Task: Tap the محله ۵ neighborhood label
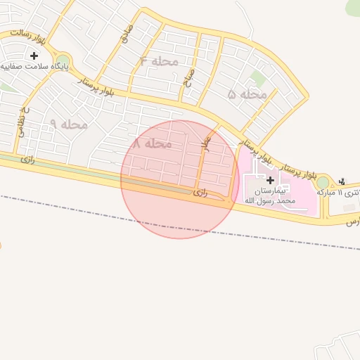click(x=247, y=94)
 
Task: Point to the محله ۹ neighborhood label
click(x=68, y=124)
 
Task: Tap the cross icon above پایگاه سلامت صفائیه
click(x=33, y=55)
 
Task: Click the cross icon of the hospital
click(x=270, y=180)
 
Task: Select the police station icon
click(x=342, y=181)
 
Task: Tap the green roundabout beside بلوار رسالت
click(x=63, y=61)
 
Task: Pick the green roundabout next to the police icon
click(x=323, y=183)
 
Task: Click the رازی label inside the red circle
click(x=201, y=191)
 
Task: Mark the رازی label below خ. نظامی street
click(x=27, y=159)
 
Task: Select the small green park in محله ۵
click(x=259, y=79)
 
